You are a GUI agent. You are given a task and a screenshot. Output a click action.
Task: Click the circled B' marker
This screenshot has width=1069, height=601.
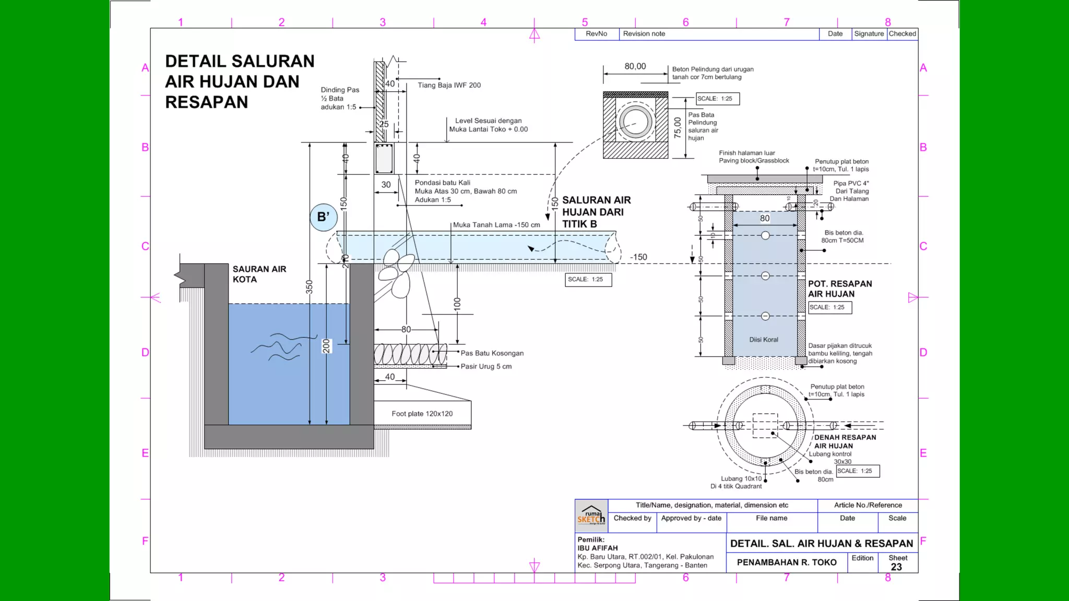(x=323, y=217)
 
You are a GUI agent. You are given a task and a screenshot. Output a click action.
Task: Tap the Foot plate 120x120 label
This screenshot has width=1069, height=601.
(x=422, y=414)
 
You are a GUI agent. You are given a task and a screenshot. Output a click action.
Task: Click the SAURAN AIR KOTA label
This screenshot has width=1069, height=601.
(x=259, y=274)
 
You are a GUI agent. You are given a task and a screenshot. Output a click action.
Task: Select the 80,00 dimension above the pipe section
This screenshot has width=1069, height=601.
(x=635, y=66)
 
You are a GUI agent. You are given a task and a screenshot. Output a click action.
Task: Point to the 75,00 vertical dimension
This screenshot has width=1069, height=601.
(x=678, y=127)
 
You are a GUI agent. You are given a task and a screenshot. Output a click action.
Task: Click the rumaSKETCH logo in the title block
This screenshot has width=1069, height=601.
(x=591, y=515)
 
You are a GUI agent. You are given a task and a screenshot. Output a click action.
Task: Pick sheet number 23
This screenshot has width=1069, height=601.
(x=896, y=567)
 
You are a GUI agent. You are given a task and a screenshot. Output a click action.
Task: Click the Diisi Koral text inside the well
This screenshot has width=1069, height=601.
(x=764, y=340)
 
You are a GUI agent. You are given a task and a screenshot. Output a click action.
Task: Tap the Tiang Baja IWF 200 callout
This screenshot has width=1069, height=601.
(x=449, y=85)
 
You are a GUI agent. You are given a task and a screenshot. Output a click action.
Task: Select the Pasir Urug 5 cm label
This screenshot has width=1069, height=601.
(x=485, y=366)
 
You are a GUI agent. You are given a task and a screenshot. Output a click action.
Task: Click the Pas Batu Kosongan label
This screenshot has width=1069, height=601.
(x=492, y=353)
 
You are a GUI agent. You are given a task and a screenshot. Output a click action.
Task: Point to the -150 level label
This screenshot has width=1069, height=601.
(x=638, y=257)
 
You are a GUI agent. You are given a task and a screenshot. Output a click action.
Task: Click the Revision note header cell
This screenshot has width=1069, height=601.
(x=644, y=34)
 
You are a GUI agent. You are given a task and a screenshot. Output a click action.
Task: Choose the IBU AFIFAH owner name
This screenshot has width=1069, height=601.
(x=597, y=548)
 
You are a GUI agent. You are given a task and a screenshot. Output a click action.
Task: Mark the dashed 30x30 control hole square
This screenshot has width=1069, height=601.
(x=765, y=426)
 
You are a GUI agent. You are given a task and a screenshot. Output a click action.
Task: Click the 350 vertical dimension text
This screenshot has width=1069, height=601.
(x=309, y=287)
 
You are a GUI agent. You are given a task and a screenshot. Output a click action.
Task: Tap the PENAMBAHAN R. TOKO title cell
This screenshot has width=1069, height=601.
(x=787, y=562)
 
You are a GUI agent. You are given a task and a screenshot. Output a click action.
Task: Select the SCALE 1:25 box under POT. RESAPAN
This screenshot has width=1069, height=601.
(x=830, y=307)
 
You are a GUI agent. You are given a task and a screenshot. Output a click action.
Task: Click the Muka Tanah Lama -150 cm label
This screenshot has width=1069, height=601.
(x=496, y=225)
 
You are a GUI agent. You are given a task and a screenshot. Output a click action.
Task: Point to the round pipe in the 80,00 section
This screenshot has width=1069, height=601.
(x=635, y=122)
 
